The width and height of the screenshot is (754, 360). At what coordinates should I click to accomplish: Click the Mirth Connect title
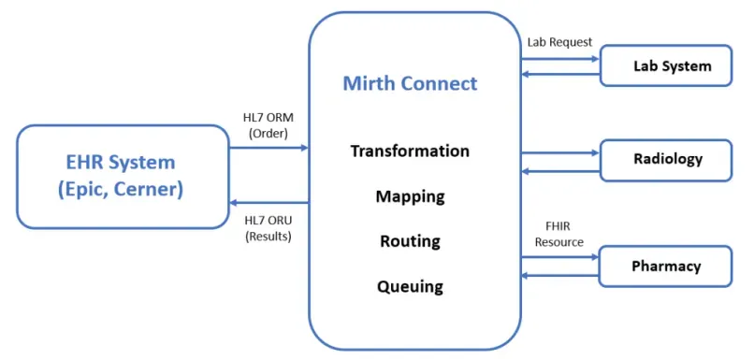(410, 83)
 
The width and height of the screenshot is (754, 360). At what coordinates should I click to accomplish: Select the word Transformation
(410, 151)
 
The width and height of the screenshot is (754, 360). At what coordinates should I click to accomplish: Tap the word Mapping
(410, 196)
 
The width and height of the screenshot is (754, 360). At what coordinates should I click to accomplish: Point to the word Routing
(410, 241)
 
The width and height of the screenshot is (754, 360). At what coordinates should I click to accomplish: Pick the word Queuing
(410, 286)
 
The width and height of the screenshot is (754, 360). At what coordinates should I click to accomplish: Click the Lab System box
(665, 65)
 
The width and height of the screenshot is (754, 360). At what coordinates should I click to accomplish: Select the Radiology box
(665, 159)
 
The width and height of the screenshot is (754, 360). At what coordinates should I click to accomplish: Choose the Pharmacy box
(665, 266)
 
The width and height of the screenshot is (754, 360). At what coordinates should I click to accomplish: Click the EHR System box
(123, 176)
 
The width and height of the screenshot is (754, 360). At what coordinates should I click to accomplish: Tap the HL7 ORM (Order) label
(268, 124)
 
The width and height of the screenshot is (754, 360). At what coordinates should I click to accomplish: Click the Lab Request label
(558, 42)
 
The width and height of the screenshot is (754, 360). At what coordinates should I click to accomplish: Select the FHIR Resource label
(558, 234)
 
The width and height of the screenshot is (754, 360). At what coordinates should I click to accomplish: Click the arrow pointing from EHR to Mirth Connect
(268, 148)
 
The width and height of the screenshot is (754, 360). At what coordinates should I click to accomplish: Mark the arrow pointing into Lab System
(559, 59)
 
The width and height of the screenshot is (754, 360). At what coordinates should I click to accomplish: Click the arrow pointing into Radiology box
(559, 152)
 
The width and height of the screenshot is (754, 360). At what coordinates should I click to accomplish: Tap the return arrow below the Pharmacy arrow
(559, 275)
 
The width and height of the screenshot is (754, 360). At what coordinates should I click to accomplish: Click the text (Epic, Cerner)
(123, 190)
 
